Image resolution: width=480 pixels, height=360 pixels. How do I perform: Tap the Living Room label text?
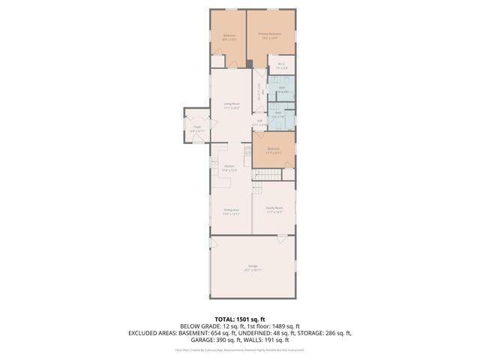(231, 105)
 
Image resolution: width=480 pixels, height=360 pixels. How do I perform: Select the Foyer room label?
(197, 128)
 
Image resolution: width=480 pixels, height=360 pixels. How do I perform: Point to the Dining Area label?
(231, 211)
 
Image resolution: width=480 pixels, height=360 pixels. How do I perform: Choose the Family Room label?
(274, 208)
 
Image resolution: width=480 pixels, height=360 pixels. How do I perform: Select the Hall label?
(259, 121)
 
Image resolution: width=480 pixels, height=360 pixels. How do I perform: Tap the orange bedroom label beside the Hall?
(274, 150)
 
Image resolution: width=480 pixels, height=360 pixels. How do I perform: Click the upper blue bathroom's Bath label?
(282, 89)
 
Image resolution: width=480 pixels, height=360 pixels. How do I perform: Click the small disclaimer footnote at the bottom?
(240, 349)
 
